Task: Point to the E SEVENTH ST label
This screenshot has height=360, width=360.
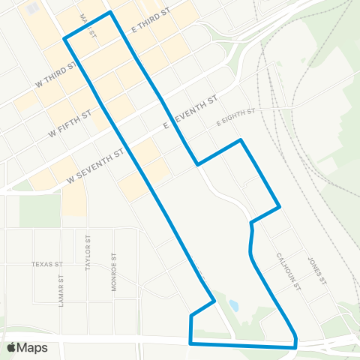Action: coord(191,111)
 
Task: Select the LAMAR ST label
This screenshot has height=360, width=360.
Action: coord(61,287)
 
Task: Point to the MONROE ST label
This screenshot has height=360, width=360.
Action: coord(114,271)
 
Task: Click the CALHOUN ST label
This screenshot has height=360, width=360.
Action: coord(287,271)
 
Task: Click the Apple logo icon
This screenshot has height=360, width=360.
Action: coord(11,347)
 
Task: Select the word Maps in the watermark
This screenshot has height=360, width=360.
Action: coord(33,347)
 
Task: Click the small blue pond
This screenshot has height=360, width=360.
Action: coord(233,306)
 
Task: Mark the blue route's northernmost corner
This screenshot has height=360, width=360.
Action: coord(111,12)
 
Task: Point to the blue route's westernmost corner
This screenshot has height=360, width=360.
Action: coord(64,38)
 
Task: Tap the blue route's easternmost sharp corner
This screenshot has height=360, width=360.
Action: coord(280,206)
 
